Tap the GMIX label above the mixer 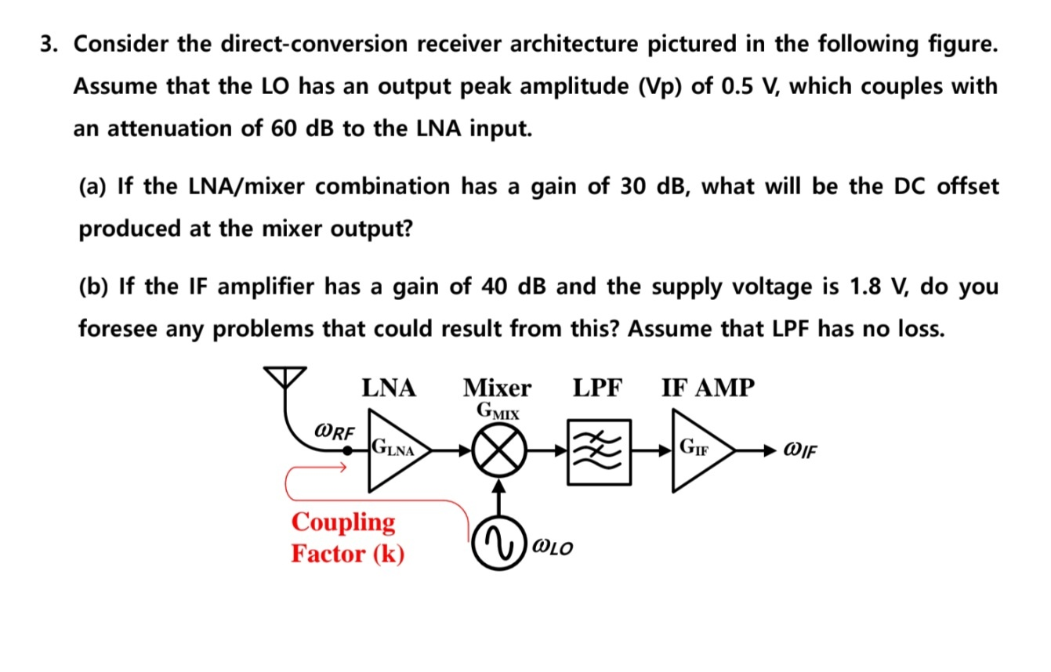[497, 410]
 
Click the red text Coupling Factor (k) [347, 537]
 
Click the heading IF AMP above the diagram [709, 388]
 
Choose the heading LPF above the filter [597, 388]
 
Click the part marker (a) [94, 186]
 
